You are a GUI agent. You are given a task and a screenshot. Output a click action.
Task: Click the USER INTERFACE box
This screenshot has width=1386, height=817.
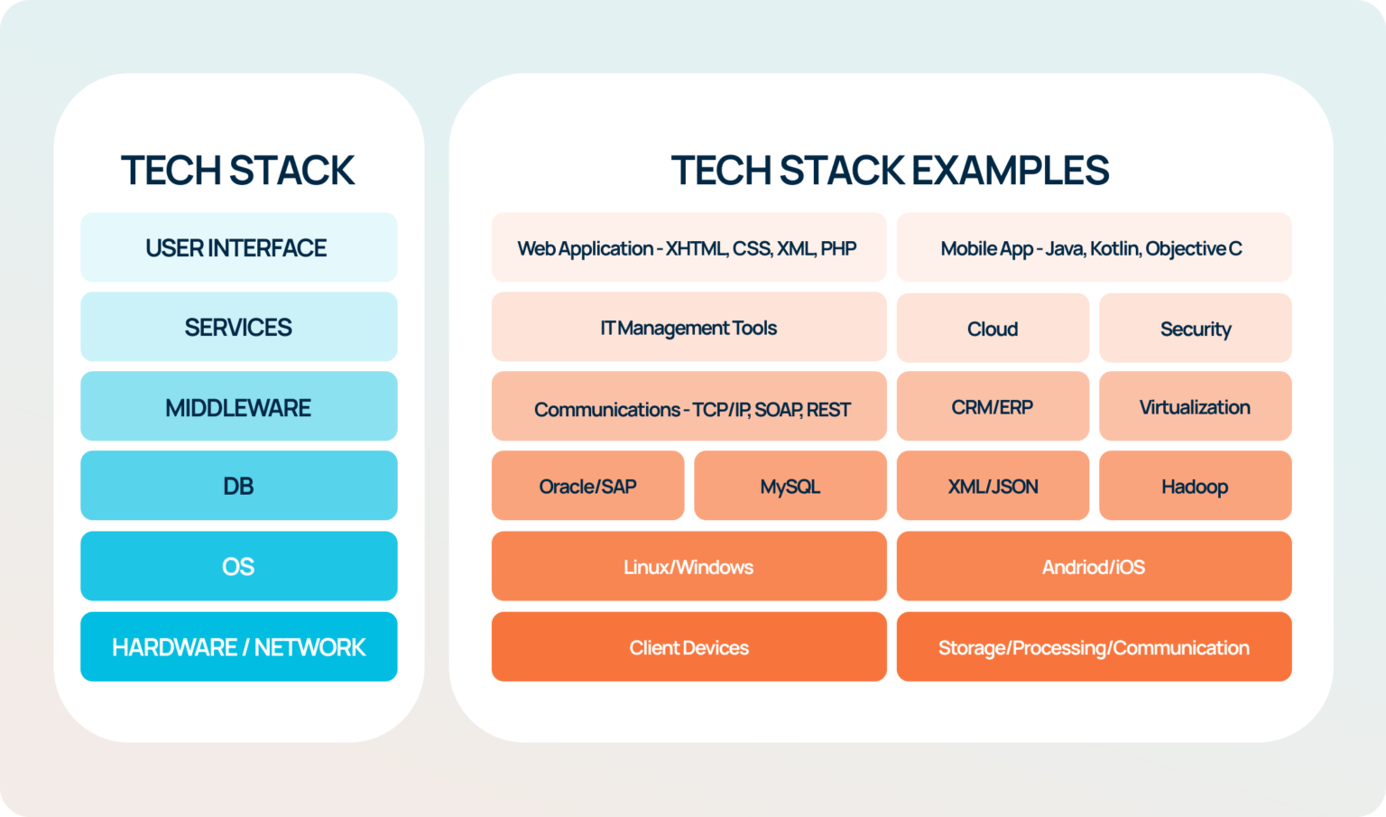(238, 247)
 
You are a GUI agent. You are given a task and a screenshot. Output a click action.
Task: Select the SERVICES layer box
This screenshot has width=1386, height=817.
(238, 327)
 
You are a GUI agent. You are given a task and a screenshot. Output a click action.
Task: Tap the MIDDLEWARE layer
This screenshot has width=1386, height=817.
(238, 407)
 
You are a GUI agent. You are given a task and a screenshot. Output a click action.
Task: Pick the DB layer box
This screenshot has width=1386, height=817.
(238, 486)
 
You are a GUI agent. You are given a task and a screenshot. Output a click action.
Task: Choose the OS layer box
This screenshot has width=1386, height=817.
(238, 566)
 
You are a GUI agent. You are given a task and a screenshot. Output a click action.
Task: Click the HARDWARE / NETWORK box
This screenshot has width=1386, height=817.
(238, 646)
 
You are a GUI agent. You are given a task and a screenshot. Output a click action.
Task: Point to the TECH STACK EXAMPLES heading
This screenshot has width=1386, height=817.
(890, 171)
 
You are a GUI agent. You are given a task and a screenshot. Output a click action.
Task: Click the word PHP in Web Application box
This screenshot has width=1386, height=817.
(838, 248)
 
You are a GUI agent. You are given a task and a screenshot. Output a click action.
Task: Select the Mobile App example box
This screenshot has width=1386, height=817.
(1093, 248)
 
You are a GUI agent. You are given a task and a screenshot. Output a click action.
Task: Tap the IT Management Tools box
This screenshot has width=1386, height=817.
(688, 328)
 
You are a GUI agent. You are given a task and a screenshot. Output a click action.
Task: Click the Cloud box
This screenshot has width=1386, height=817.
(993, 329)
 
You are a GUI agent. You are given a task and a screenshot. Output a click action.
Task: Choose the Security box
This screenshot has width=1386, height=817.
(1195, 329)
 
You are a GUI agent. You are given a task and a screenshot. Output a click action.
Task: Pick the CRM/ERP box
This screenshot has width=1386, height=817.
(993, 407)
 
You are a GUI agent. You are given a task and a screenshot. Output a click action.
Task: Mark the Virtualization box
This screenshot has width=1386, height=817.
(1195, 407)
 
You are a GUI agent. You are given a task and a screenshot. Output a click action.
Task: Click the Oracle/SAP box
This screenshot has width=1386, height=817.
(587, 487)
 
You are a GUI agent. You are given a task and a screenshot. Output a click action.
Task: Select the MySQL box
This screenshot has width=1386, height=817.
(790, 487)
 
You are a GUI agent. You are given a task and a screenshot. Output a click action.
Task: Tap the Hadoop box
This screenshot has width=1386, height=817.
(1195, 487)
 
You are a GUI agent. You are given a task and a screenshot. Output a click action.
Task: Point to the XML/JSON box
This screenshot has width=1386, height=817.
(993, 487)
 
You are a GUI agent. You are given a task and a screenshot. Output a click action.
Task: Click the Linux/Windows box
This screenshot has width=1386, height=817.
(688, 567)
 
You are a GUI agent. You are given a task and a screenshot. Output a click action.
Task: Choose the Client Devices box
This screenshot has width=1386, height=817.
(688, 647)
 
